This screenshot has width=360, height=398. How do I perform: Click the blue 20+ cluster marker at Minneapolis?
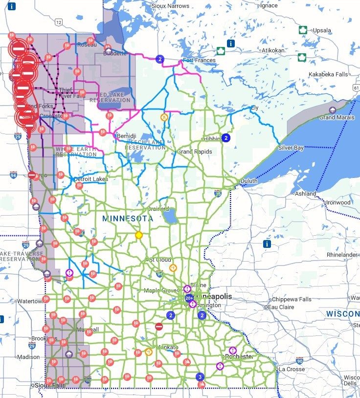tap(188, 298)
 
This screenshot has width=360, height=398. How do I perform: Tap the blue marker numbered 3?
tap(200, 377)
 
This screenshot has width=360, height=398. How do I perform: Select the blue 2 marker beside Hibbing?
tap(225, 138)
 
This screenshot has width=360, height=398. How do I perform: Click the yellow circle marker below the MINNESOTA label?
tap(138, 235)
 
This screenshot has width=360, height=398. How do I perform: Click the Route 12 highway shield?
tap(59, 22)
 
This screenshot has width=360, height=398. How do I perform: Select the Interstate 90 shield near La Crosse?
tap(299, 360)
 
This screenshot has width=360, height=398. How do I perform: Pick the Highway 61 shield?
tap(356, 87)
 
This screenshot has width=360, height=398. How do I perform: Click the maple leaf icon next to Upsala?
tap(303, 30)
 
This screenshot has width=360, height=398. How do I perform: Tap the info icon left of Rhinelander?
tap(267, 243)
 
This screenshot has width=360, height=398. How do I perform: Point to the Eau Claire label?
tap(281, 307)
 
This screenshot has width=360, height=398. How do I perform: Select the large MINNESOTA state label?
tap(128, 219)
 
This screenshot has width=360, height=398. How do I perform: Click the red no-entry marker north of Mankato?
tap(158, 327)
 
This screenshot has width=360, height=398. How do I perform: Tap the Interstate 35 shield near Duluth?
tap(218, 194)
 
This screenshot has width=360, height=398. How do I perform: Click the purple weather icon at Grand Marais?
tap(333, 111)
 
